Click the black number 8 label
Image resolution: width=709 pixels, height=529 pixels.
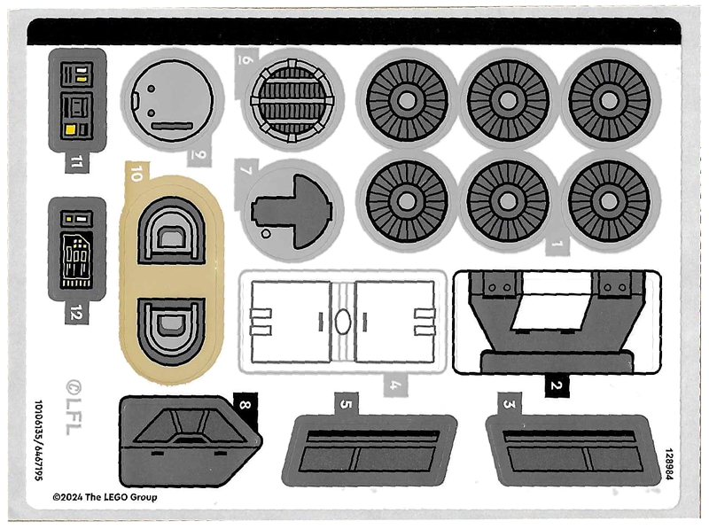pos(245,406)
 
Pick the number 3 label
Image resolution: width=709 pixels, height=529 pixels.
pos(509,405)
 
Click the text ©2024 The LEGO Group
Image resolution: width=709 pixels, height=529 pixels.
pos(105,498)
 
